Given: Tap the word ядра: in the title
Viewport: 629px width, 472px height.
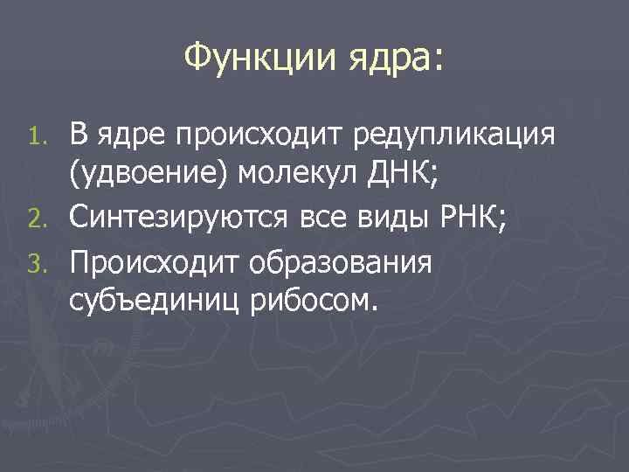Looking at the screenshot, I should coord(396,61).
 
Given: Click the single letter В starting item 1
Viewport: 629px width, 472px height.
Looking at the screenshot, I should coord(79,137).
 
